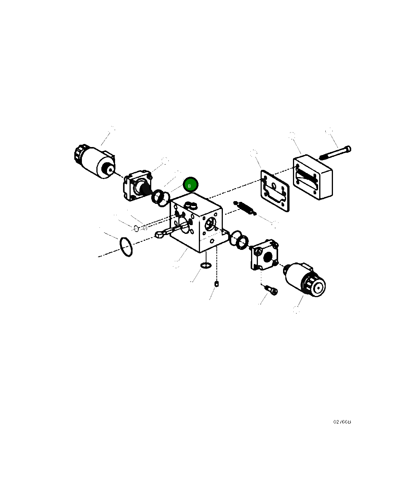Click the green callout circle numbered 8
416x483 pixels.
(190, 185)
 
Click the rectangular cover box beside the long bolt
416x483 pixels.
(313, 178)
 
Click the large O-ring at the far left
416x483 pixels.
(126, 247)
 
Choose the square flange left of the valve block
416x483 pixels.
(137, 185)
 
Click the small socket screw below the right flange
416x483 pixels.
(272, 291)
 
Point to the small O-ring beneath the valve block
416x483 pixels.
(205, 265)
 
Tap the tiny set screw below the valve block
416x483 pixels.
(216, 283)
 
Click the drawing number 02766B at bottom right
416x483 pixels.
(342, 422)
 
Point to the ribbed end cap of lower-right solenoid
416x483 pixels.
(315, 286)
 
